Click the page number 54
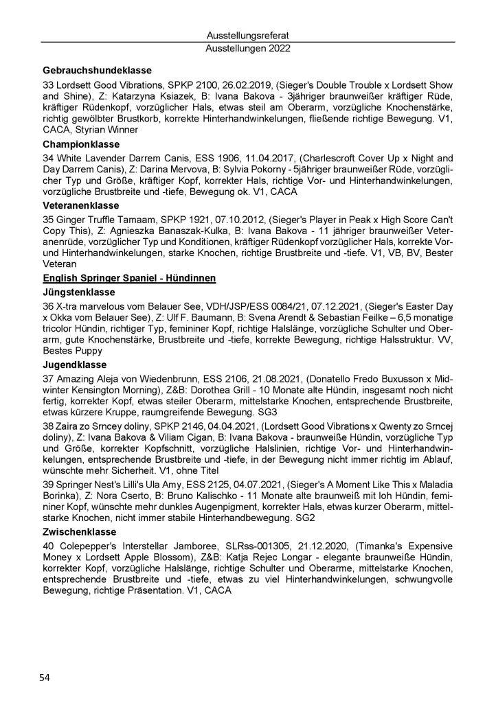pyautogui.click(x=44, y=678)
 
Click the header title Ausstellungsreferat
pyautogui.click(x=247, y=36)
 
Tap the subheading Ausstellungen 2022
pyautogui.click(x=247, y=49)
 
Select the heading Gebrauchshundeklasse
pyautogui.click(x=97, y=70)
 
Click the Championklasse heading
pyautogui.click(x=80, y=146)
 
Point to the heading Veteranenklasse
pyautogui.click(x=82, y=205)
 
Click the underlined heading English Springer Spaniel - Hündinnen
pyautogui.click(x=130, y=277)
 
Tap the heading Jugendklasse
pyautogui.click(x=73, y=364)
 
